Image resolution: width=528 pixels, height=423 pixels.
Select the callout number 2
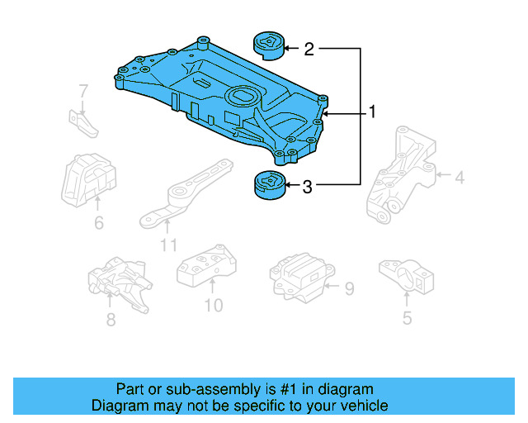pos(309,50)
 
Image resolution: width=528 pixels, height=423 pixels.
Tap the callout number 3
pos(307,188)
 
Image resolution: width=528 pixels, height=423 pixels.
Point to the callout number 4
pos(460,176)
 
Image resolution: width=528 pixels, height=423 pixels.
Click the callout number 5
pos(407,317)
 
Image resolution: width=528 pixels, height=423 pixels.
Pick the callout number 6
pos(98,222)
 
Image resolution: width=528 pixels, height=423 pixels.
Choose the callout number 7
pos(83,90)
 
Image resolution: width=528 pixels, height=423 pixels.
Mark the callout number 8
pos(111,317)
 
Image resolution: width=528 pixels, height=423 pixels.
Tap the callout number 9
pos(349,288)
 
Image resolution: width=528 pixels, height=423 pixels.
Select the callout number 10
pos(213,307)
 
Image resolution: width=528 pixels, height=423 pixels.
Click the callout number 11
pos(168,245)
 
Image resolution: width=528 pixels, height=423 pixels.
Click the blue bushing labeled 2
pos(268,45)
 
